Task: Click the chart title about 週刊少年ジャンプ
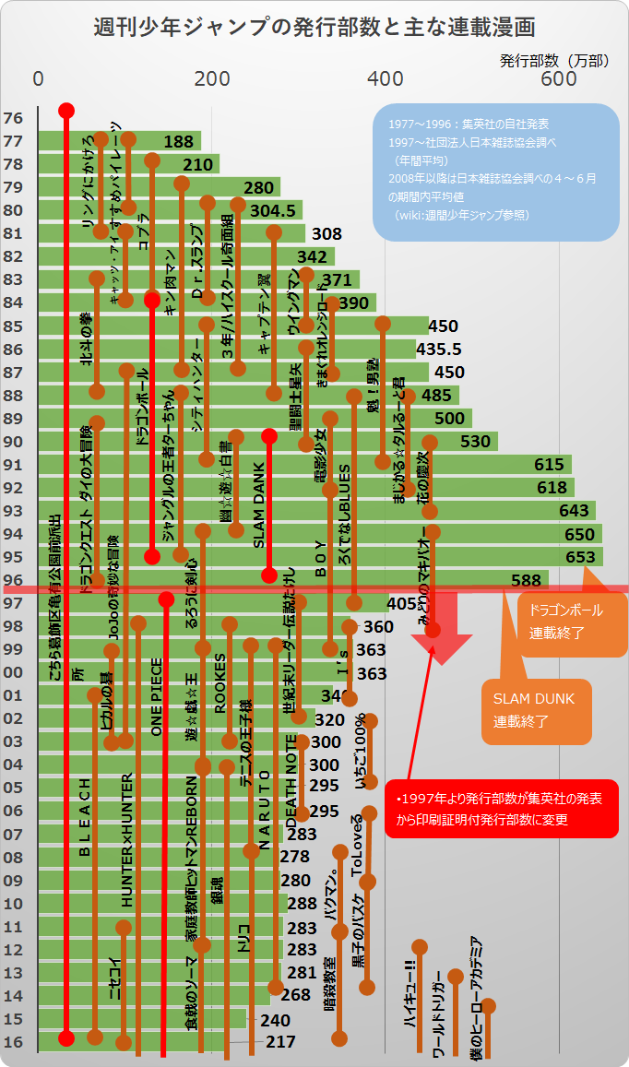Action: click(314, 26)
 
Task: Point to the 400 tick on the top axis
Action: click(385, 79)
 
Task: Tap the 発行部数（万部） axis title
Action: click(554, 61)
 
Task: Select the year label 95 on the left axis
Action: click(14, 557)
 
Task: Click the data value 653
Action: click(580, 557)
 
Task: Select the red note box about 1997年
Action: click(501, 809)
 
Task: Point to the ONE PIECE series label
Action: click(157, 696)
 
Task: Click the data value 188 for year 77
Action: click(178, 142)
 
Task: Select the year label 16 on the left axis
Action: click(14, 1042)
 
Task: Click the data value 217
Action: click(280, 1042)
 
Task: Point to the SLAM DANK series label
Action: click(258, 514)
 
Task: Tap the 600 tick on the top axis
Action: click(558, 79)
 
